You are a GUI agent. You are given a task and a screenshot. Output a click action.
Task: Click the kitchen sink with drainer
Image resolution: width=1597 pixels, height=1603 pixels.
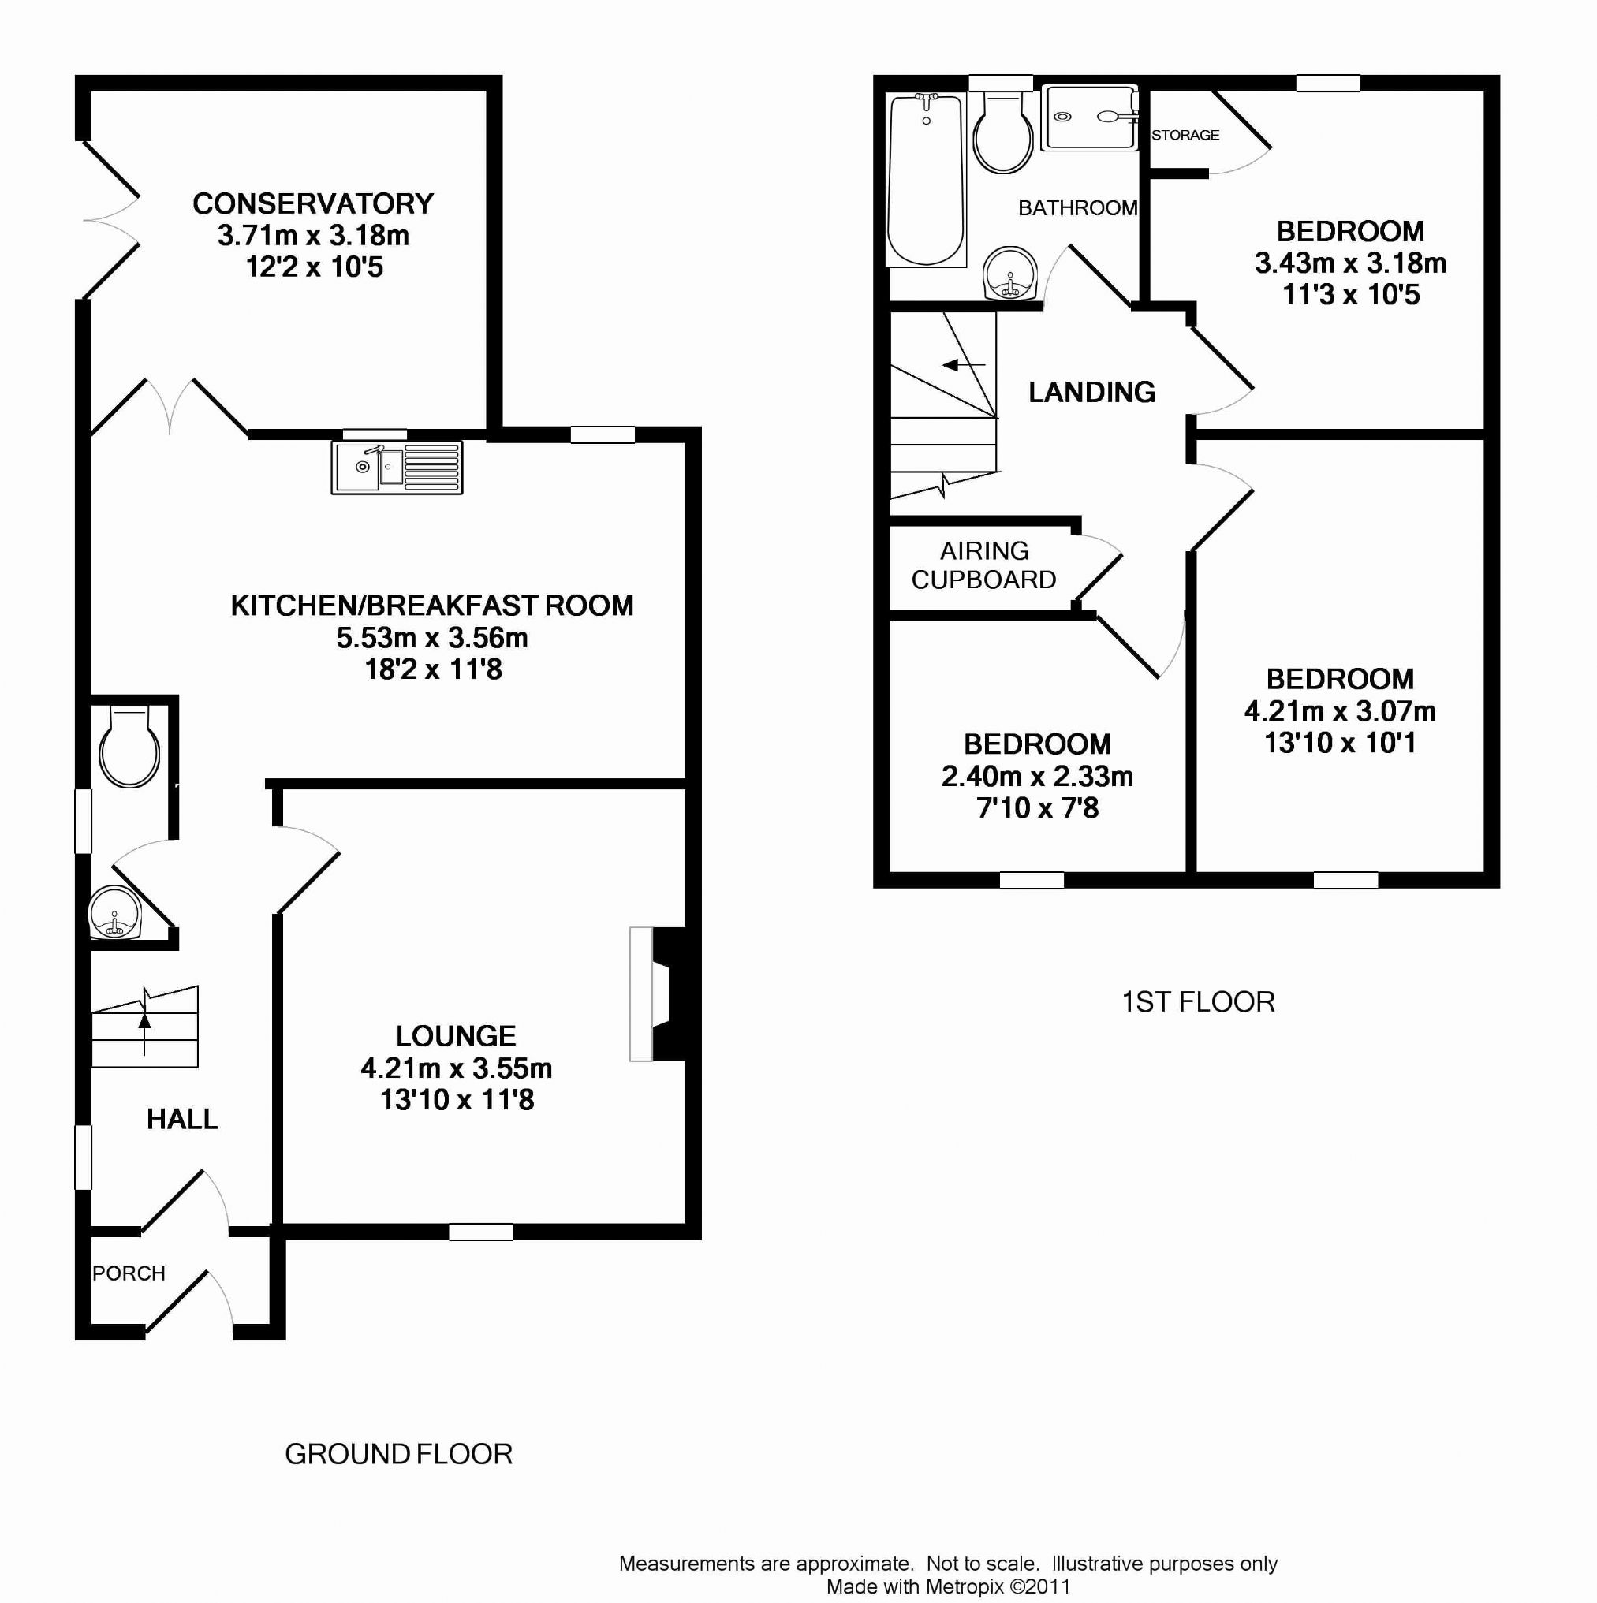coord(397,467)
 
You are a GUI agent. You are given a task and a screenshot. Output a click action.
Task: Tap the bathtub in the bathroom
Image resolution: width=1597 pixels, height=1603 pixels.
coord(927,180)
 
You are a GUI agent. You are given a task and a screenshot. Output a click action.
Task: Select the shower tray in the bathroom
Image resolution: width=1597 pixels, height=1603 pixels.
coord(1089,117)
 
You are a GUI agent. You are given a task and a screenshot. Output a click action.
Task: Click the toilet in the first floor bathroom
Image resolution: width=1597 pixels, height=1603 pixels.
coord(1003,132)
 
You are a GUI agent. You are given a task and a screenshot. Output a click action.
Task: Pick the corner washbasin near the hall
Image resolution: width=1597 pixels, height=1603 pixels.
coord(115,914)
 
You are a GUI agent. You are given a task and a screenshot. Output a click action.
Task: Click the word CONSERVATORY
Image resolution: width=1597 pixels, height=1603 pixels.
coord(313,203)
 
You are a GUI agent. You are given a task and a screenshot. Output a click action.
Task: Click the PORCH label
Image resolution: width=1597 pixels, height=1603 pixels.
coord(129,1273)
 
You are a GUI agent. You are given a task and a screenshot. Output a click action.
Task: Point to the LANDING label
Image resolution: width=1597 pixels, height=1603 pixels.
coord(1091,392)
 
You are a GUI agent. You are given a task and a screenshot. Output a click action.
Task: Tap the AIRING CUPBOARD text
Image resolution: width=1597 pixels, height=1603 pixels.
coord(983,565)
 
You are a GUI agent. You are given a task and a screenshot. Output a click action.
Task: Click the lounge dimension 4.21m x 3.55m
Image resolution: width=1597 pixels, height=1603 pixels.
coord(457,1068)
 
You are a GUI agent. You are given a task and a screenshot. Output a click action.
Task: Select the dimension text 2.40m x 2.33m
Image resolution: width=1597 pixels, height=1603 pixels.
coord(1038,776)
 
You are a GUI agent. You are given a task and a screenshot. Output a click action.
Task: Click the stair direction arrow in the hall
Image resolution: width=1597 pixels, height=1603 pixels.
coord(145,1034)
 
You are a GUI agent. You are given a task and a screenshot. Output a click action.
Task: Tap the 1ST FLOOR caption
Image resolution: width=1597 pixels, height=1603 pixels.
coord(1198,1001)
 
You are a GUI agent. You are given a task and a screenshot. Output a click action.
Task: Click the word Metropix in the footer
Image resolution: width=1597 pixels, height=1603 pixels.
coord(965,1586)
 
